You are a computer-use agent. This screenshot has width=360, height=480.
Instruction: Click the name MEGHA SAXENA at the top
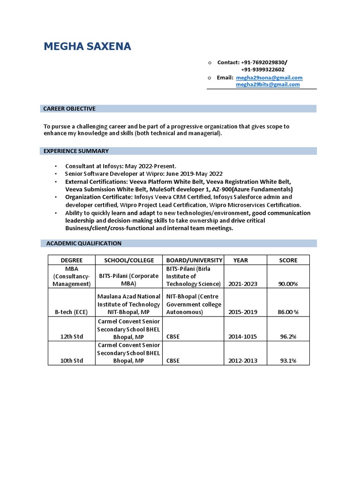tap(88, 46)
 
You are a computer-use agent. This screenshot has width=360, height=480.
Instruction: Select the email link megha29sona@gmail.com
tap(269, 77)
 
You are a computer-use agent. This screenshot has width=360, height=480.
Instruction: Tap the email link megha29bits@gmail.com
tap(268, 84)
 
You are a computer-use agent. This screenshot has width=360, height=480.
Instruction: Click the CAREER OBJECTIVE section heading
tap(69, 109)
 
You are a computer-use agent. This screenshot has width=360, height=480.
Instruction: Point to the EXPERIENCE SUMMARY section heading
tap(76, 151)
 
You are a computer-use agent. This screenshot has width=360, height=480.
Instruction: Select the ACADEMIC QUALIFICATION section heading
tap(83, 243)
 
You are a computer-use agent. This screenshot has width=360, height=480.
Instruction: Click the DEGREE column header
tap(72, 260)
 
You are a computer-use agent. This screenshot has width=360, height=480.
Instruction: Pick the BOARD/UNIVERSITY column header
tap(194, 260)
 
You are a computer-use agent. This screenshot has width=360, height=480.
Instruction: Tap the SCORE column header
tap(288, 260)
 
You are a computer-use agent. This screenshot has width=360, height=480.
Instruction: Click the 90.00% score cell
tap(288, 284)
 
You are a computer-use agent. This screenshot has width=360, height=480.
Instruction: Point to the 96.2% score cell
tap(288, 337)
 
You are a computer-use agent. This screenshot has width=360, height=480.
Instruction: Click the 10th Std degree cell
tap(72, 360)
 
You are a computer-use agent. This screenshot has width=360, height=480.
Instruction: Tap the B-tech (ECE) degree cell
tap(72, 312)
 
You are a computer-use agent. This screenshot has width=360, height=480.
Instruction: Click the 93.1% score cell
tap(288, 360)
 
